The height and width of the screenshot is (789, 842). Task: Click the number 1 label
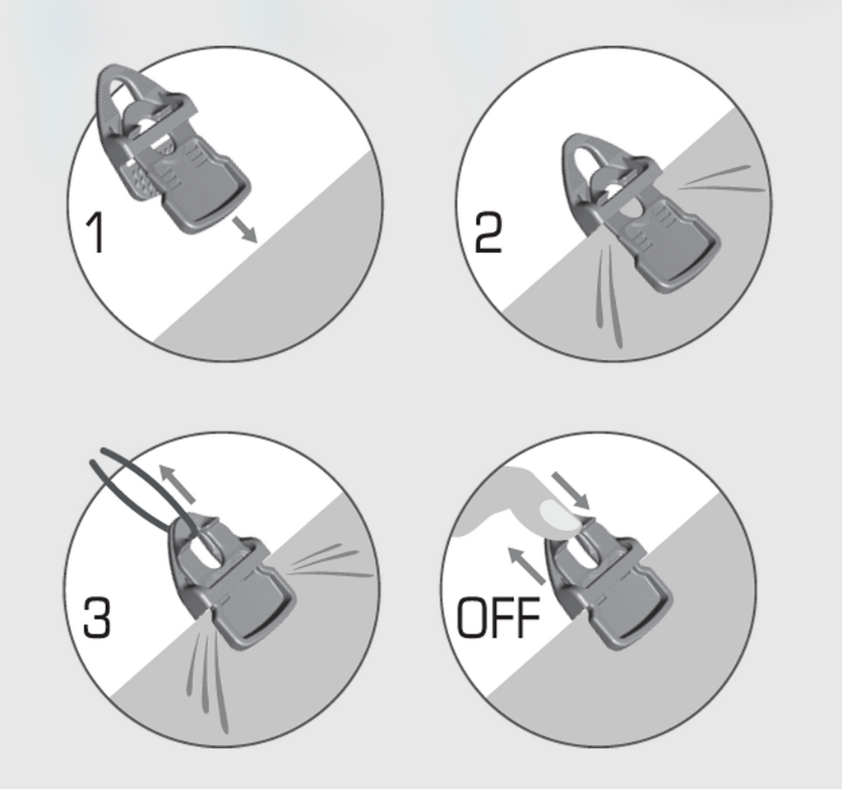pos(95,233)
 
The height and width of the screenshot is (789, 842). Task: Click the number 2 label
pos(488,233)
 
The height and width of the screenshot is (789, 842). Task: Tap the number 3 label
pos(97,618)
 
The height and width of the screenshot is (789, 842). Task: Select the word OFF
pos(498,618)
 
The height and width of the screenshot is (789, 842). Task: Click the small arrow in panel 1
pos(245,230)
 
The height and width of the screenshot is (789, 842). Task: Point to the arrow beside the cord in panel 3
pos(177,483)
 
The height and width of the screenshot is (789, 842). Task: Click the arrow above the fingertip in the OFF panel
pos(571,491)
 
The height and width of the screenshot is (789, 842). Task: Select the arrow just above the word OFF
pos(526,565)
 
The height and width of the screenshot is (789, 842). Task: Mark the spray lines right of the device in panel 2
pos(720,179)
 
